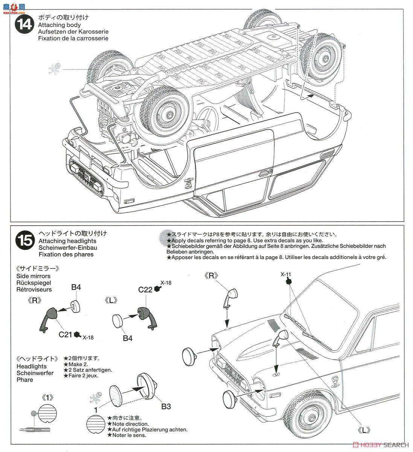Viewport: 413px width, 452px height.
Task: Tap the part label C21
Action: click(66, 334)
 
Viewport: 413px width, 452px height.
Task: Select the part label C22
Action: click(145, 290)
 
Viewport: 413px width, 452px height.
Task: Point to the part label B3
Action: click(166, 406)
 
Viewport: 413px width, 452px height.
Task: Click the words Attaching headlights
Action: click(67, 241)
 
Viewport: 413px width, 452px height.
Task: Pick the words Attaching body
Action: click(59, 25)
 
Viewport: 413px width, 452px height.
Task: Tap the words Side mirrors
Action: click(34, 276)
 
